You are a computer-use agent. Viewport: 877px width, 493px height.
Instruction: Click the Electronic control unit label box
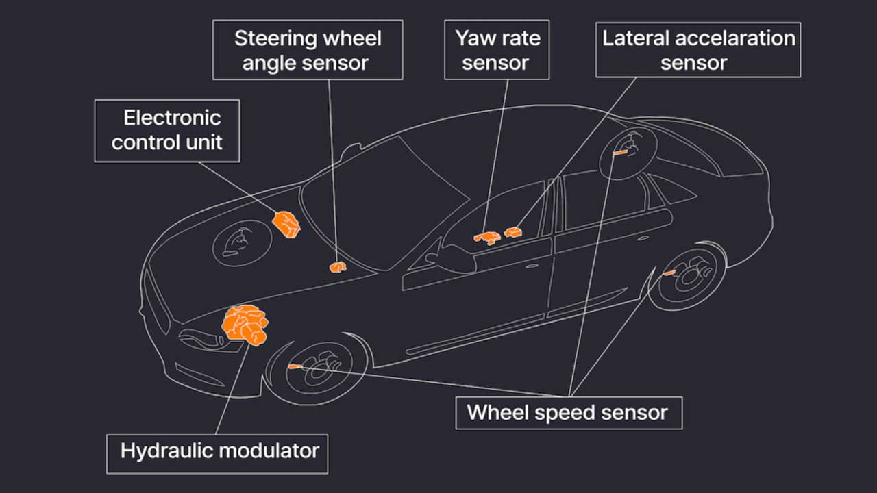click(x=167, y=131)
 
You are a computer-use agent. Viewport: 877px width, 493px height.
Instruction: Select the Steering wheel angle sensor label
click(x=308, y=50)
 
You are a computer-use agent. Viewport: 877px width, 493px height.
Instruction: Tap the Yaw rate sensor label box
click(x=497, y=50)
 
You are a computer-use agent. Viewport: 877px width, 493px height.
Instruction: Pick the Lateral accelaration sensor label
click(x=698, y=50)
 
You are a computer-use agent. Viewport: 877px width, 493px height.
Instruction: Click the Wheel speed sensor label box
click(x=569, y=413)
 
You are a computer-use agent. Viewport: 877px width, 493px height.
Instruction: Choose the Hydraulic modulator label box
click(x=217, y=454)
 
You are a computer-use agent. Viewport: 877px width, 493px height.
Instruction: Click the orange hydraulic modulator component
click(x=245, y=325)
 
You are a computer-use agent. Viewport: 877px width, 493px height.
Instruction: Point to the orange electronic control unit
click(x=286, y=225)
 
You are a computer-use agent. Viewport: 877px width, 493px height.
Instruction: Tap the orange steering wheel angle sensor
click(x=338, y=267)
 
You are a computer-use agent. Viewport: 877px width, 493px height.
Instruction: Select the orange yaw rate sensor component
click(x=487, y=237)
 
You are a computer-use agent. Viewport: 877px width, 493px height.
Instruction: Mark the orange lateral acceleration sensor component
click(x=513, y=232)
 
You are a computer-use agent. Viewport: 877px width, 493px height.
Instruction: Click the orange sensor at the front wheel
click(x=295, y=366)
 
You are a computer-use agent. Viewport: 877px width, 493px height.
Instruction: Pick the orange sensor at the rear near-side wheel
click(x=669, y=273)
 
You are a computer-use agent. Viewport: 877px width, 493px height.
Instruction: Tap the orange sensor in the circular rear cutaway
click(x=621, y=152)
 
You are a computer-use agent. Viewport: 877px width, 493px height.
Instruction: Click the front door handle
click(x=532, y=266)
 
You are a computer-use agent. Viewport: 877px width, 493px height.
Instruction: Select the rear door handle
click(x=643, y=238)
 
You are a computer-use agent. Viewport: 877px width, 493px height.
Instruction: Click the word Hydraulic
click(x=168, y=451)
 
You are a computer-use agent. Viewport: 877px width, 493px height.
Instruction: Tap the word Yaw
click(x=475, y=39)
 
